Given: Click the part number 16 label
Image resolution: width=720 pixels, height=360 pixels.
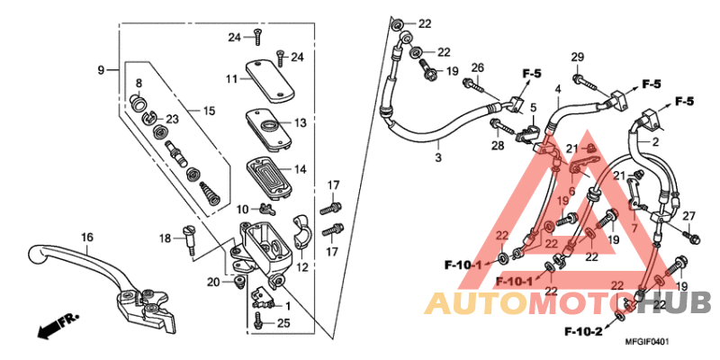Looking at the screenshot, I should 87,238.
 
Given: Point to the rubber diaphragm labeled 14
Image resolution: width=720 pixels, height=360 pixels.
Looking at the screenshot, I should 268,168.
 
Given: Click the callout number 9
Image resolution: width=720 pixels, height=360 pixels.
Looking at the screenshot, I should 102,69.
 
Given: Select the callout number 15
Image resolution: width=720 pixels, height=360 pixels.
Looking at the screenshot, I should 209,111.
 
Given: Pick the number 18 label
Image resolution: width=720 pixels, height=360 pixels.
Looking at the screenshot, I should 166,238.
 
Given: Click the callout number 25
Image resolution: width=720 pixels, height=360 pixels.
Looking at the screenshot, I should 283,322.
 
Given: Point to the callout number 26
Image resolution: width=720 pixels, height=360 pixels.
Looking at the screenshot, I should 477,67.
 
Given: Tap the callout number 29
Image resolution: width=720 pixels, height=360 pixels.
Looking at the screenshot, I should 577,58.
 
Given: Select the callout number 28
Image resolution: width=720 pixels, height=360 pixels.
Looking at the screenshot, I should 495,145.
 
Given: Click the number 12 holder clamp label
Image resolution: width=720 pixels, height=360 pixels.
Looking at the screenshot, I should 301,267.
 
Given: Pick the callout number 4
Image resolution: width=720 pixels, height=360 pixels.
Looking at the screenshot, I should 557,89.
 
